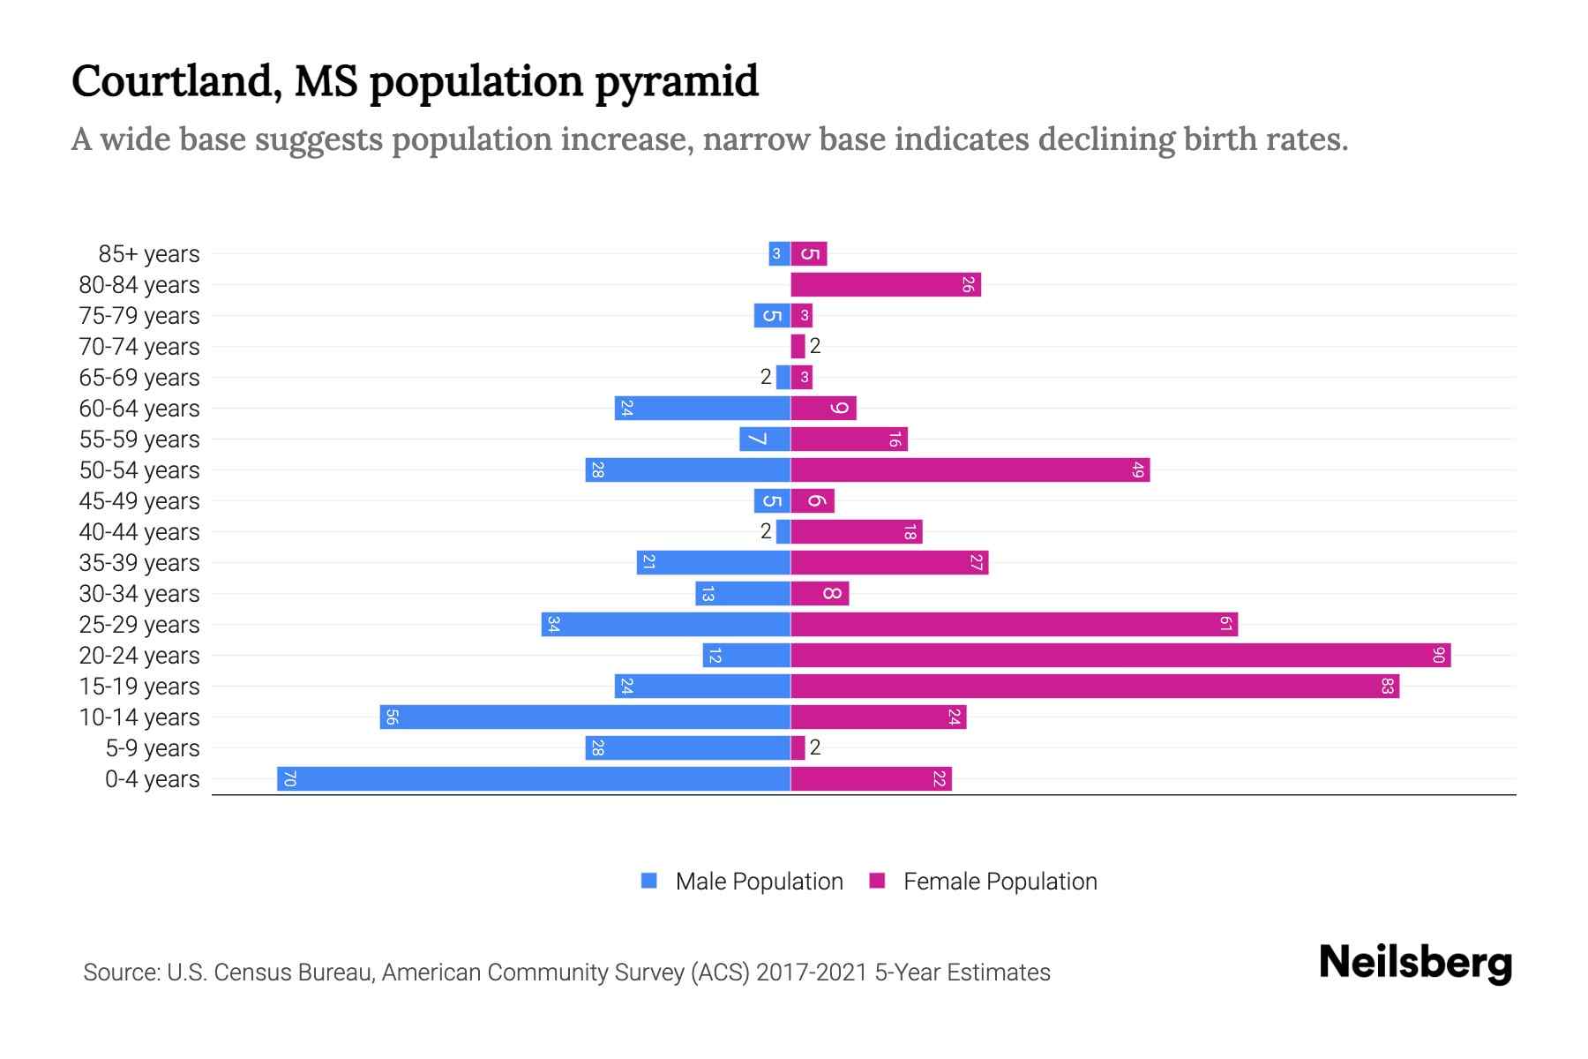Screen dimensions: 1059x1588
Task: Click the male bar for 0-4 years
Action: point(534,778)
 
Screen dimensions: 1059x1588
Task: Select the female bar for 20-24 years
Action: point(1120,655)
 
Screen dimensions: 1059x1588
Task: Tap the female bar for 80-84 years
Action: point(886,284)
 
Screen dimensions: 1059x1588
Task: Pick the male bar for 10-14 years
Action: point(585,717)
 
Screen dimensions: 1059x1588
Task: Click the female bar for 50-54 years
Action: point(970,469)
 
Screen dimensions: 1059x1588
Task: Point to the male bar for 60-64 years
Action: point(702,408)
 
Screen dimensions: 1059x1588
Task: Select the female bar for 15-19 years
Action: point(1095,686)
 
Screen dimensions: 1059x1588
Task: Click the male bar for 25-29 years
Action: point(666,624)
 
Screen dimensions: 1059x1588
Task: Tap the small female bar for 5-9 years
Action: point(798,747)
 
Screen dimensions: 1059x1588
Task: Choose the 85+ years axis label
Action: point(149,254)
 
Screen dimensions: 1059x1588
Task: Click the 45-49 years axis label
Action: point(139,501)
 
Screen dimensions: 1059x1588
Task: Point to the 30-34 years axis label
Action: point(139,594)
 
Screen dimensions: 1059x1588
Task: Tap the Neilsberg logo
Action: point(1415,962)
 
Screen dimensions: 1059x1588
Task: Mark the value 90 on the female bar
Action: point(1439,655)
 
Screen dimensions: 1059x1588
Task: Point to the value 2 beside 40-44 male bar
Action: point(766,531)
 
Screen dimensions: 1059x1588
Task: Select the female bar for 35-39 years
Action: point(889,562)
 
